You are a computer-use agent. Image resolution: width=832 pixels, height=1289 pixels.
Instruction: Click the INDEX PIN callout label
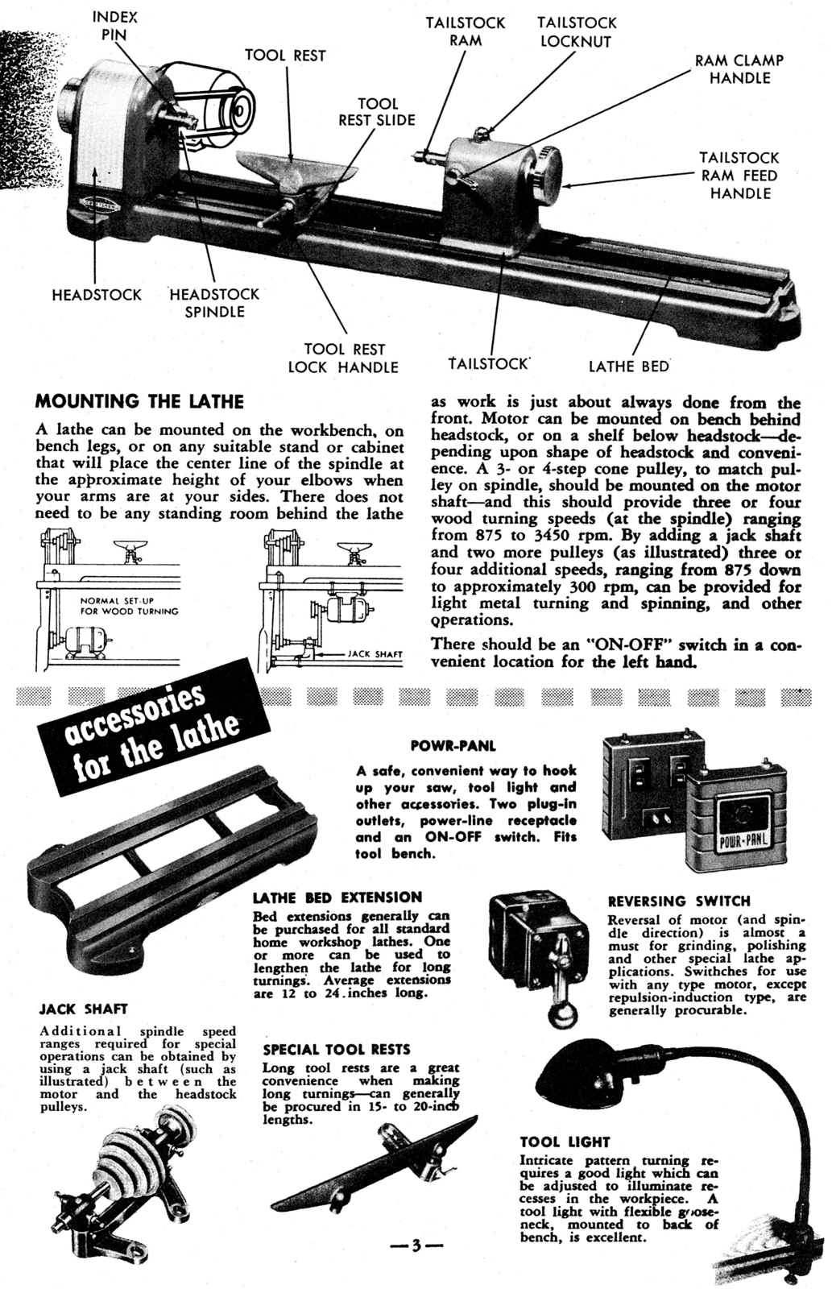pyautogui.click(x=115, y=26)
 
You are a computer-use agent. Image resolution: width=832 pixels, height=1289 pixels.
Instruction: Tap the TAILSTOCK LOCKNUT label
pyautogui.click(x=577, y=32)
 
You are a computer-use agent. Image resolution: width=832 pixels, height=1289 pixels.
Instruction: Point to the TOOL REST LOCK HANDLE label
pyautogui.click(x=344, y=359)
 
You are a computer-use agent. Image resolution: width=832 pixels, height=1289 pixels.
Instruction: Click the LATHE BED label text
pyautogui.click(x=629, y=367)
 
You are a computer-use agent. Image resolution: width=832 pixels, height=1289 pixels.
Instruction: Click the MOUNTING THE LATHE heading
pyautogui.click(x=140, y=401)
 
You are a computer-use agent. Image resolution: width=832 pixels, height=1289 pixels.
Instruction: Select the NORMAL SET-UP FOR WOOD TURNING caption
pyautogui.click(x=129, y=606)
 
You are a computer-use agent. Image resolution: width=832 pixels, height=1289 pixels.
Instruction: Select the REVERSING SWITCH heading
pyautogui.click(x=678, y=901)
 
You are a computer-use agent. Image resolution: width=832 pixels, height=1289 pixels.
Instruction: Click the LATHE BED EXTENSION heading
pyautogui.click(x=337, y=897)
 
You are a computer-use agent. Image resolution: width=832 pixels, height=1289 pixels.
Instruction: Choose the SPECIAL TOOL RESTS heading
pyautogui.click(x=336, y=1050)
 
